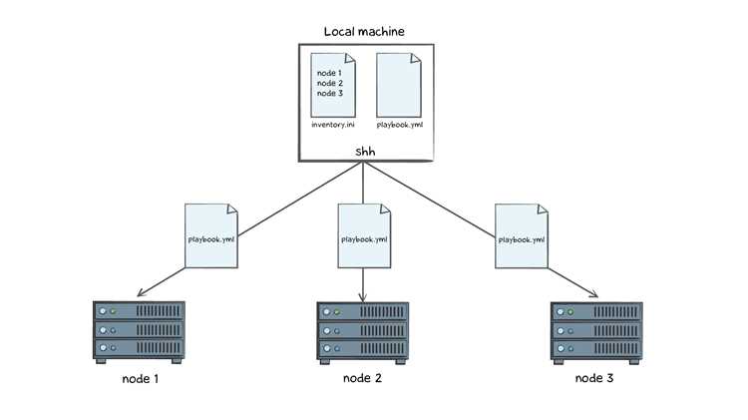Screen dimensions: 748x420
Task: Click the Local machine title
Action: [x=364, y=32]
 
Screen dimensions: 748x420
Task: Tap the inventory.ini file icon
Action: [x=333, y=85]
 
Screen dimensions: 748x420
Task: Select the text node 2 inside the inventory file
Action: [x=330, y=83]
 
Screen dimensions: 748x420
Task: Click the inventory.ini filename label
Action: [x=333, y=125]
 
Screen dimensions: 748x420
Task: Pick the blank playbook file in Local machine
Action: [x=399, y=85]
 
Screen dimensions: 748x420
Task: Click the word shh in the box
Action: [x=365, y=152]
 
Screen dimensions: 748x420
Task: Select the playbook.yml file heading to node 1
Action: [x=211, y=235]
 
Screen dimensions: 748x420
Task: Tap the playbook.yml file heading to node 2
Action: [x=364, y=235]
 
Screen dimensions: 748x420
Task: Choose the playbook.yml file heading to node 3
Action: [x=522, y=235]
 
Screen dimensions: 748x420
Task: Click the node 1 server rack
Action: [x=139, y=332]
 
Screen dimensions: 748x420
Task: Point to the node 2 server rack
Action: [x=363, y=333]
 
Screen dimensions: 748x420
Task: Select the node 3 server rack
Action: [x=596, y=333]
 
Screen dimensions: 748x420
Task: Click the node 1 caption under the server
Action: [x=141, y=379]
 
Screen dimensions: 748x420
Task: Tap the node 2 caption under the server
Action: [x=363, y=378]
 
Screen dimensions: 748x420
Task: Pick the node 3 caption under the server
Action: [x=594, y=378]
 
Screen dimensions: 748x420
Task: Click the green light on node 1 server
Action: [x=113, y=311]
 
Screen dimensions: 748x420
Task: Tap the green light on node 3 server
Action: [x=570, y=312]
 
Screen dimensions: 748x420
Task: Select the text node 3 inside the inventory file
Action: [x=330, y=93]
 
